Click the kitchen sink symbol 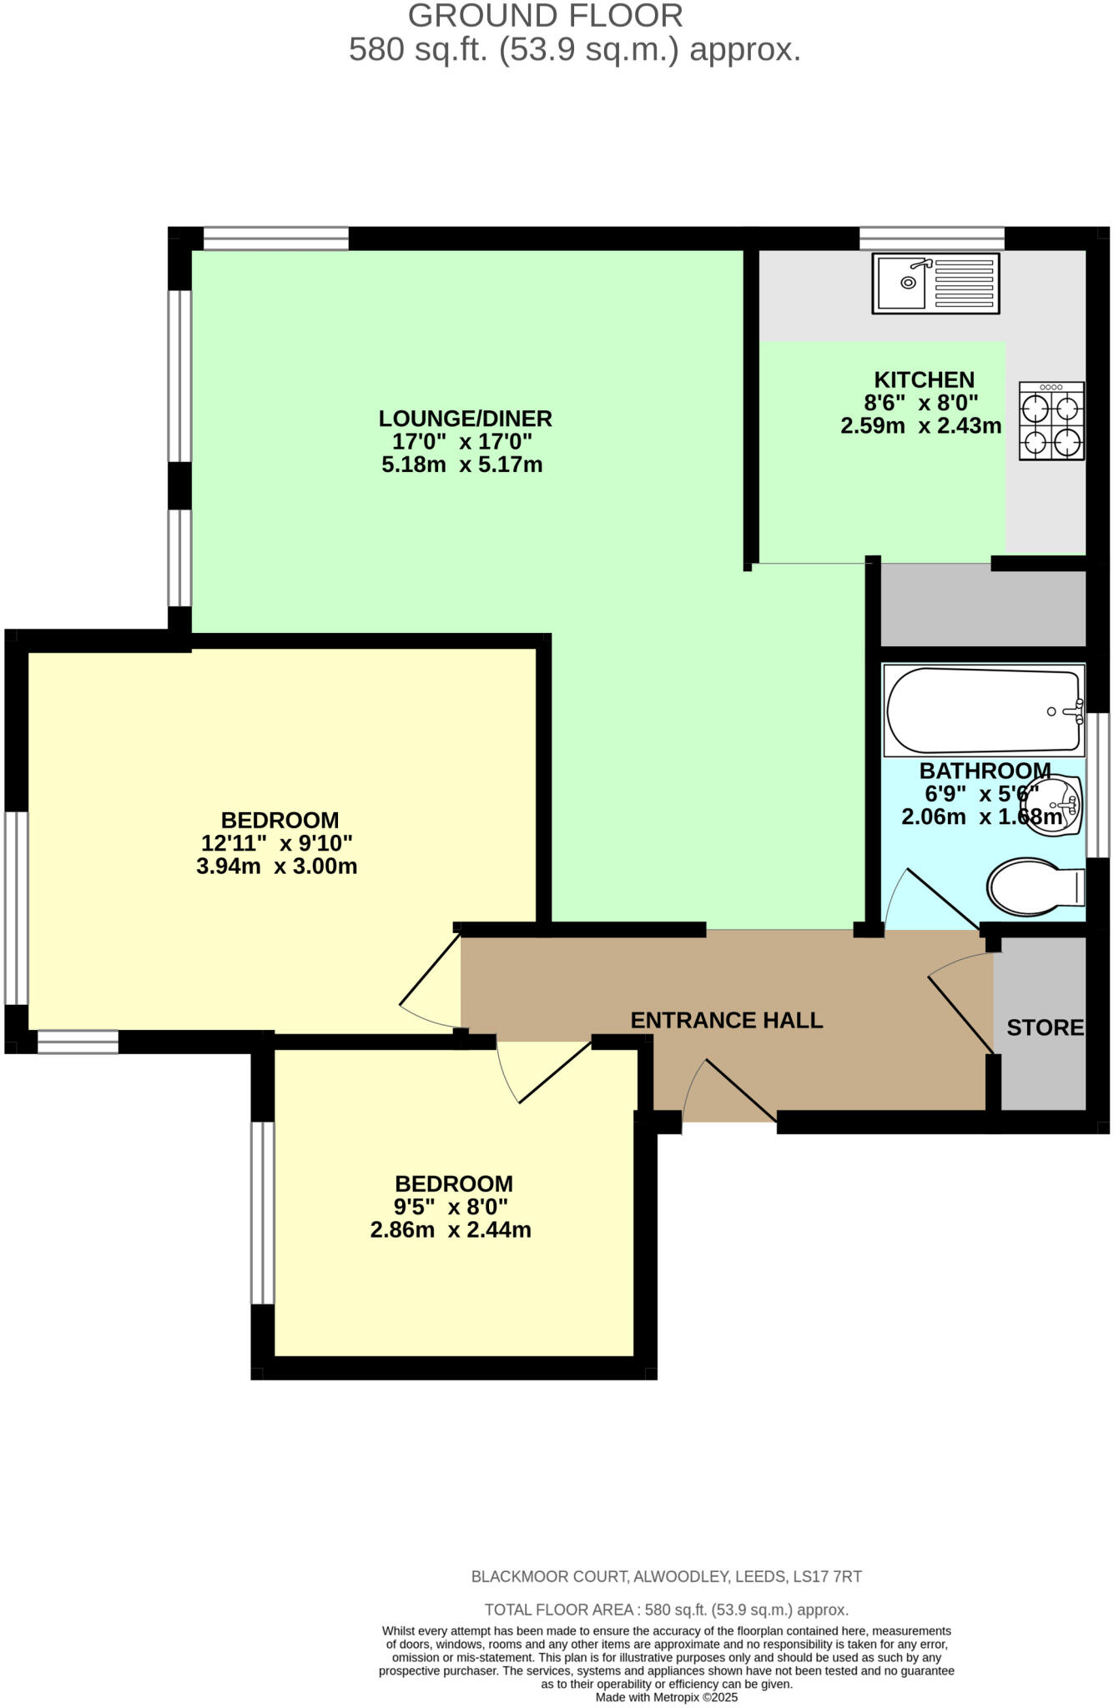[935, 284]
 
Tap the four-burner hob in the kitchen [1051, 421]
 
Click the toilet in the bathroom [1035, 887]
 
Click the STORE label [1045, 1027]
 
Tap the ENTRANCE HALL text [726, 1020]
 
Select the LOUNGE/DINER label [465, 419]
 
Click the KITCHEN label [924, 379]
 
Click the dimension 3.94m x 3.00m [277, 867]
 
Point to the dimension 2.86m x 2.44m [451, 1230]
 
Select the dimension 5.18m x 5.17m [461, 465]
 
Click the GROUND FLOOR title [545, 16]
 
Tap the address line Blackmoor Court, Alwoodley [666, 1577]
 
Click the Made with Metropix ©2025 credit [666, 1697]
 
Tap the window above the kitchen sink [931, 239]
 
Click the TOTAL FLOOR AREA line [666, 1610]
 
